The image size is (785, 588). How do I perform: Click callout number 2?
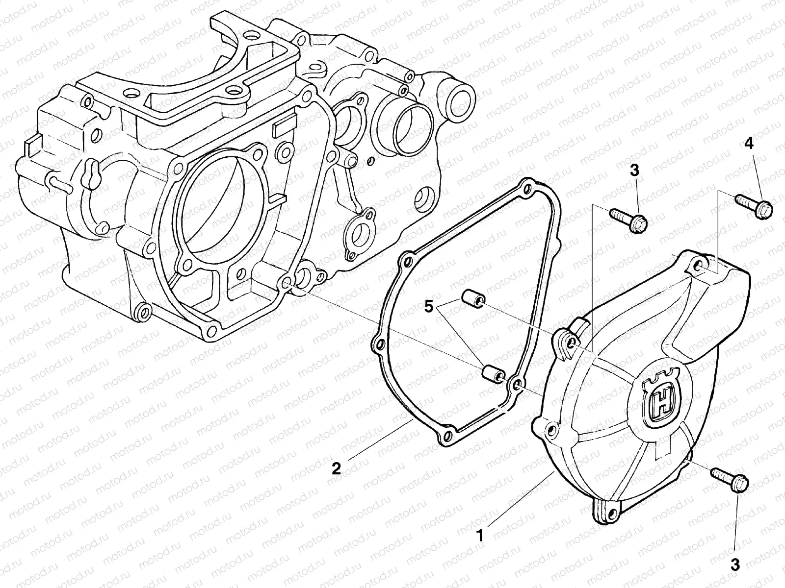point(336,468)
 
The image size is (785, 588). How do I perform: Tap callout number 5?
point(428,307)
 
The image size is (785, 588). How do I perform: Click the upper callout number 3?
point(634,171)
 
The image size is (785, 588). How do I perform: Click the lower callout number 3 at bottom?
point(734,564)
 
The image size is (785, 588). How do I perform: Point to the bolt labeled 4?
point(754,205)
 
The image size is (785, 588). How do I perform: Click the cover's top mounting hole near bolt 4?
point(699,268)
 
